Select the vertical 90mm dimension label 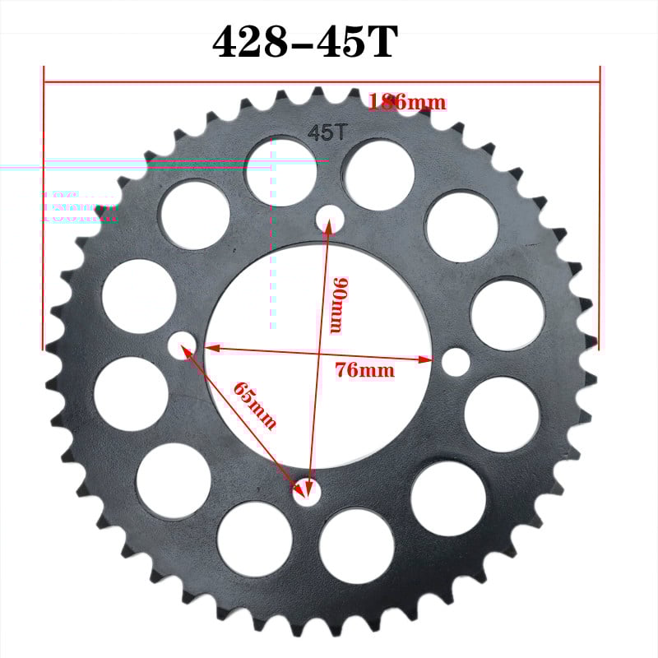coord(334,304)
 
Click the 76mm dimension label coord(364,370)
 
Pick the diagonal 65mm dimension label coord(254,405)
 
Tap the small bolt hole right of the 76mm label coord(456,361)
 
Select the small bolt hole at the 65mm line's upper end coord(182,345)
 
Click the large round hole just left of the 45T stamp coord(280,171)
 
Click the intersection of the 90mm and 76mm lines coord(319,354)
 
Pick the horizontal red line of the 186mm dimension coord(247,82)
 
